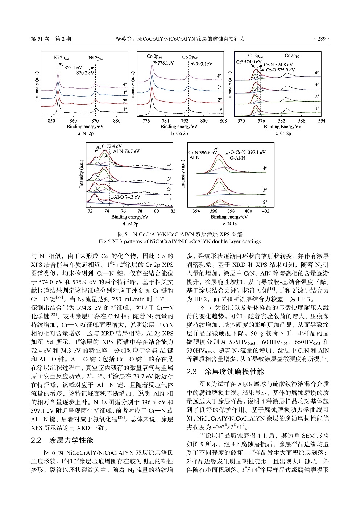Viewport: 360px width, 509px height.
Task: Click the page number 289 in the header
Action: click(x=322, y=38)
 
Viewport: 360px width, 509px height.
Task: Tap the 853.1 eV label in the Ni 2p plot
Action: click(x=73, y=67)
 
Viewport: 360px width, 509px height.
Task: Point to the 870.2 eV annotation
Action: click(x=84, y=73)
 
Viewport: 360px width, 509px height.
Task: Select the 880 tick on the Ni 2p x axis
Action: click(x=117, y=121)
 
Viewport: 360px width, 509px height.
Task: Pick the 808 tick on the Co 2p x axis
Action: click(x=223, y=121)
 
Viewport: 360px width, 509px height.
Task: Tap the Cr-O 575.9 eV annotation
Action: click(x=280, y=70)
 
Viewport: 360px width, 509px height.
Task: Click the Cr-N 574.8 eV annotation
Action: click(x=279, y=65)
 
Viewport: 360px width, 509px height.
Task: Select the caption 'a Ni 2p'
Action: click(x=86, y=133)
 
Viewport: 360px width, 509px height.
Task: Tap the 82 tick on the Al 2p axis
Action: click(x=173, y=211)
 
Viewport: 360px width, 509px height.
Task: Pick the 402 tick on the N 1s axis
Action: click(x=265, y=211)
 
